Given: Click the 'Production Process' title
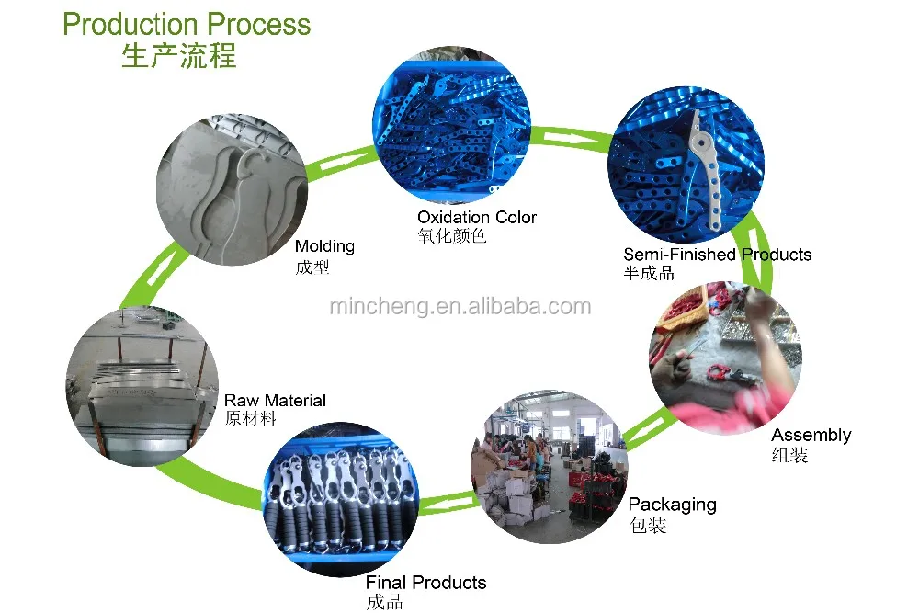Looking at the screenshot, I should (x=187, y=24).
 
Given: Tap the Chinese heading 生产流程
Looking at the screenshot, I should (x=179, y=55).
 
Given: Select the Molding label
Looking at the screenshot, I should (x=324, y=246).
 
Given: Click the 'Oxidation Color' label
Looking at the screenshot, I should (x=476, y=218).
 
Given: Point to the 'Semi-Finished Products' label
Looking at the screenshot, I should (x=717, y=255).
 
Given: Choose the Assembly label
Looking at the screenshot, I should (x=811, y=435).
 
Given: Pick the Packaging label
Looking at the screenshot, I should (x=672, y=505).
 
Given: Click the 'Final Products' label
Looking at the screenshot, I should (x=425, y=583).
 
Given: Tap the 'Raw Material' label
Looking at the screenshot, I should (x=275, y=401).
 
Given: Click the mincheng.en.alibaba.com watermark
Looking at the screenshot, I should (x=460, y=307).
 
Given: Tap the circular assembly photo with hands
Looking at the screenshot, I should (x=726, y=352).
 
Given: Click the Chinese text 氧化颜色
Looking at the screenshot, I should (x=451, y=236).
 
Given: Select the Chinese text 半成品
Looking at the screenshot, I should (x=649, y=273).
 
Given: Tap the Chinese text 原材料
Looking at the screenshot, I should (x=250, y=419).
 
